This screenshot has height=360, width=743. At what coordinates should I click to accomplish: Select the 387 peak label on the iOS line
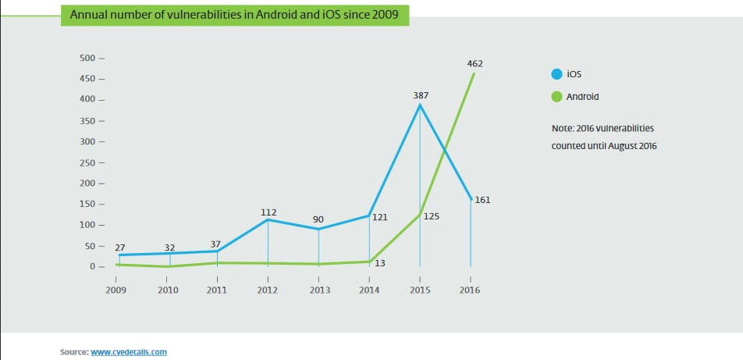[x=421, y=94]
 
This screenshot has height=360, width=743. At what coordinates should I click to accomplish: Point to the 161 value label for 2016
[x=482, y=200]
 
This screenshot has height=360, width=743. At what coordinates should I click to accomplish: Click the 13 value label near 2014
[x=381, y=264]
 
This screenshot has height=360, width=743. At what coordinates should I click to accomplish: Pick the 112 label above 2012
[x=268, y=211]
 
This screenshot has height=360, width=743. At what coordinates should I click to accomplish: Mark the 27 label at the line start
[x=120, y=247]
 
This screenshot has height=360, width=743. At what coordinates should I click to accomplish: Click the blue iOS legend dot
[x=556, y=74]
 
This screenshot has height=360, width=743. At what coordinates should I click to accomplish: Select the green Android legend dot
[x=556, y=97]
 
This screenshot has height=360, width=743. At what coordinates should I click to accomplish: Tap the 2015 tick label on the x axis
[x=419, y=290]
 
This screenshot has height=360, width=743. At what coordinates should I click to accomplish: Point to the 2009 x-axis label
[x=116, y=290]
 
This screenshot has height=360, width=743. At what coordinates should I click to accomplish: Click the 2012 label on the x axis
[x=268, y=290]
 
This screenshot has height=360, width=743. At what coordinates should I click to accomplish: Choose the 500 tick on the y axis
[x=87, y=59]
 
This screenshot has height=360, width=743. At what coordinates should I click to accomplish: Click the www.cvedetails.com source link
[x=129, y=352]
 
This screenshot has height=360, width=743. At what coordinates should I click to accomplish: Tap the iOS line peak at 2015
[x=421, y=105]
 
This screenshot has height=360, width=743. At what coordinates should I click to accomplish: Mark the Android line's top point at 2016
[x=474, y=73]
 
